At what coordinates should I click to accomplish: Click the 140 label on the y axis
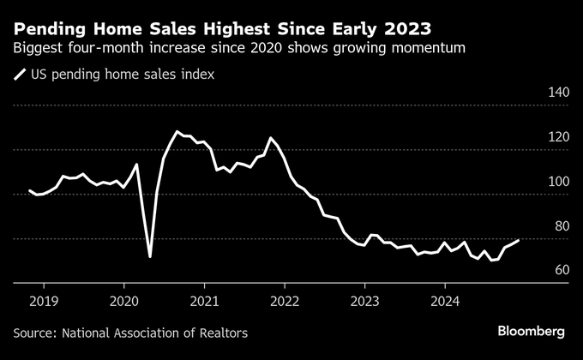tap(558, 93)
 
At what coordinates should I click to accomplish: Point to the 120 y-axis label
tap(558, 137)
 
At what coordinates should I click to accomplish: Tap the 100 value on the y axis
tap(558, 182)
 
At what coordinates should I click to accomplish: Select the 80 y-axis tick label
tap(561, 226)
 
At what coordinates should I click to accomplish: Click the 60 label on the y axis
tap(561, 270)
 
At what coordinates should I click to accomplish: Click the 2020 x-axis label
tap(124, 301)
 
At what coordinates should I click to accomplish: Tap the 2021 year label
tap(204, 301)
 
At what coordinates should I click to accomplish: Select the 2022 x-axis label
tap(285, 301)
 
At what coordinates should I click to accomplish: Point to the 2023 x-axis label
tap(364, 301)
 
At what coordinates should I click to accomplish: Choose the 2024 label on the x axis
tap(444, 301)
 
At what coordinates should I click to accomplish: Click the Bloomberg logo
tap(532, 331)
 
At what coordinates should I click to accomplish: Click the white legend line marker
tap(20, 75)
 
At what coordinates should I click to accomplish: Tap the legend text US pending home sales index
tap(123, 75)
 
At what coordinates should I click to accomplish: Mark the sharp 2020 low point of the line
tap(150, 256)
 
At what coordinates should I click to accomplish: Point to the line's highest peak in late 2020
tap(177, 132)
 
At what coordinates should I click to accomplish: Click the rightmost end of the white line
tap(518, 241)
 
